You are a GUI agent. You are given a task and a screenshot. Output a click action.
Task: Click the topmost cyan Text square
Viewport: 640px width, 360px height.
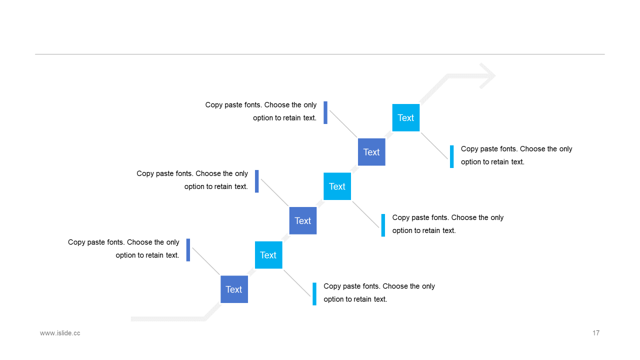(405, 117)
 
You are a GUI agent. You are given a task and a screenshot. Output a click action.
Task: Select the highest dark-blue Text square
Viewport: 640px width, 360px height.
(371, 152)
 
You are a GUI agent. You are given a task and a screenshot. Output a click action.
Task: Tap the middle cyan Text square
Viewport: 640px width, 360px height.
(337, 186)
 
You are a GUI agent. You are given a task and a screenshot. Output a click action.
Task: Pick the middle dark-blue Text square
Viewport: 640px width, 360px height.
(303, 220)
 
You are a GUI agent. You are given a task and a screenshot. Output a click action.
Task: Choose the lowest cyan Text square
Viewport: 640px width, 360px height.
(268, 255)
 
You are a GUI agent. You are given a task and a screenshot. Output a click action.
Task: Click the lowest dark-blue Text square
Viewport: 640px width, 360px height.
(234, 289)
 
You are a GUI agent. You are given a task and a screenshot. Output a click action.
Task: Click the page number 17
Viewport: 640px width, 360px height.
(595, 333)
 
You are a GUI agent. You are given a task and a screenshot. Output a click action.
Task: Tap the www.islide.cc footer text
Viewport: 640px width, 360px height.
(60, 333)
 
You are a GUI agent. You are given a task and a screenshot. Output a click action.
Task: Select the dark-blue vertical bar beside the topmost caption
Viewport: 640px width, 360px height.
(325, 112)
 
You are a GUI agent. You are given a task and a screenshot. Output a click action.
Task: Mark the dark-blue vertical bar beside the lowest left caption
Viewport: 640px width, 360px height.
(188, 250)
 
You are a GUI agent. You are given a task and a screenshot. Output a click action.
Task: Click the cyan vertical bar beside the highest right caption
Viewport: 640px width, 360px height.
(451, 156)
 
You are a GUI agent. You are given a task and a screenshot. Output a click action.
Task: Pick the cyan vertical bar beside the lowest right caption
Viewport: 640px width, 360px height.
(314, 294)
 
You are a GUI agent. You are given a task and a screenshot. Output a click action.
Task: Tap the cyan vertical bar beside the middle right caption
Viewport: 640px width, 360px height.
(383, 225)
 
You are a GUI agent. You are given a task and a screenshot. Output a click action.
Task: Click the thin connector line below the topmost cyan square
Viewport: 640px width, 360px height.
(434, 145)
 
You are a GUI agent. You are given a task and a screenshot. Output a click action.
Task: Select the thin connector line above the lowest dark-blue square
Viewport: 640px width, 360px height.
(206, 261)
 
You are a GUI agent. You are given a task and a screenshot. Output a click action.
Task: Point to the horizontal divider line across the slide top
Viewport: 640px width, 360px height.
(319, 54)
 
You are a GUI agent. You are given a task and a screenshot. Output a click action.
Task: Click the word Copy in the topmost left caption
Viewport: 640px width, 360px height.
(213, 105)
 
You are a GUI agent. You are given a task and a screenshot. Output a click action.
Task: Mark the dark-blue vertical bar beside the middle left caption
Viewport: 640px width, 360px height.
(257, 181)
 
